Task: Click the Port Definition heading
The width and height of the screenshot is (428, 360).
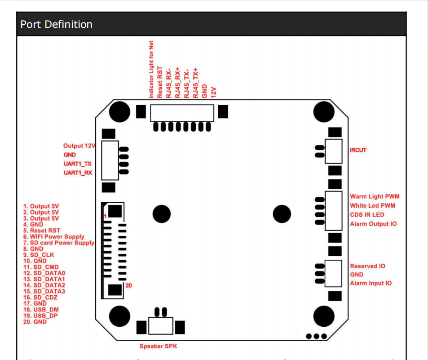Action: pos(56,24)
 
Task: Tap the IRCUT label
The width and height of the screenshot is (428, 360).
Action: pos(358,150)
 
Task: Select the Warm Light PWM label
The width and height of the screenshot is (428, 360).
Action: pos(375,196)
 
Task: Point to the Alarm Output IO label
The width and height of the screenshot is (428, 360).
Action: pos(373,224)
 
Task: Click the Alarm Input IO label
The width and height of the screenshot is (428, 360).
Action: pos(371,283)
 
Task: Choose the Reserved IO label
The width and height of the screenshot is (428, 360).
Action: pos(367,266)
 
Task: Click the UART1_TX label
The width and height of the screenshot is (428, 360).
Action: pos(77,164)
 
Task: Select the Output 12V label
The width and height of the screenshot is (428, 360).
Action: pos(79,146)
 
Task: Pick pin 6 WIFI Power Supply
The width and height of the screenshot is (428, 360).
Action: pos(54,236)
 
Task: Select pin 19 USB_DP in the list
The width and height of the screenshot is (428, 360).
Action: pos(41,316)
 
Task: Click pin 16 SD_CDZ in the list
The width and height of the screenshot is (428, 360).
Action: pos(41,298)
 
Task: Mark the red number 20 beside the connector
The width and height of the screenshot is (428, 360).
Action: pos(129,285)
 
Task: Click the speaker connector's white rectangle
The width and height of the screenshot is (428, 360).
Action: pos(160,325)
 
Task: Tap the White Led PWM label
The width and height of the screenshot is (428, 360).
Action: pos(372,205)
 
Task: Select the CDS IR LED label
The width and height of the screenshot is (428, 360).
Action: pos(367,215)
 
